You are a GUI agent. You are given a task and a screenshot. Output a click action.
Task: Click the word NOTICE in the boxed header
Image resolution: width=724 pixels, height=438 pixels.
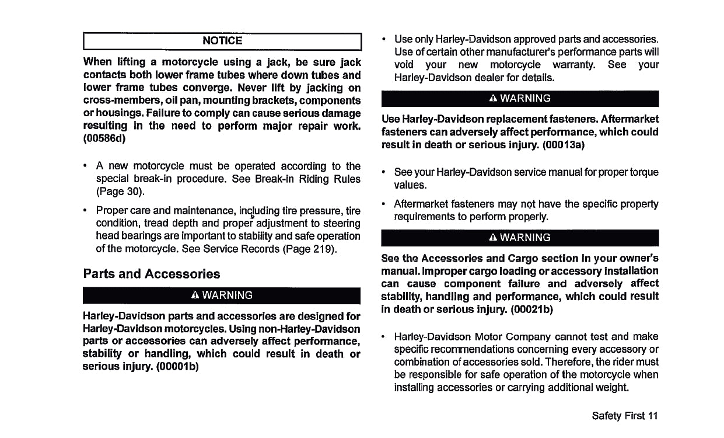(222, 41)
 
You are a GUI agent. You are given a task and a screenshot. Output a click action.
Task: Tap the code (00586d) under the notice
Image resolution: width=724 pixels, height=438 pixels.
(105, 139)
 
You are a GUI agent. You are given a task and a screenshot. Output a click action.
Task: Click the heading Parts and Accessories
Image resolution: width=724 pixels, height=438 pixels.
(152, 274)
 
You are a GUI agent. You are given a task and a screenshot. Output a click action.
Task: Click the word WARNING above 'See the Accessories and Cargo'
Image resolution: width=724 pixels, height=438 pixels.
(525, 238)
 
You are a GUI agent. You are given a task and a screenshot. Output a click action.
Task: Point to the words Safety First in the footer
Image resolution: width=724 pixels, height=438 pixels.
(618, 416)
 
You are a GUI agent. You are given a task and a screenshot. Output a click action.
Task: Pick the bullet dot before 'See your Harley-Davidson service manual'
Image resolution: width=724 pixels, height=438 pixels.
(383, 173)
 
